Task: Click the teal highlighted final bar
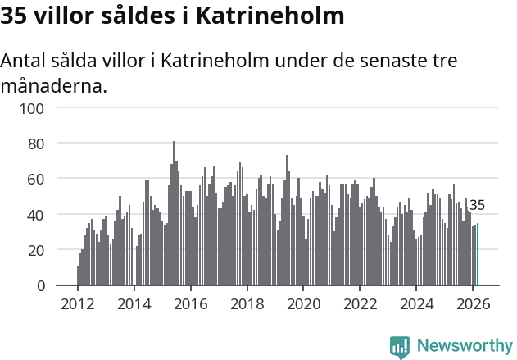[x=478, y=254]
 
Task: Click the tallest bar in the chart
[x=174, y=213]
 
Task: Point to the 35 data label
[x=477, y=205]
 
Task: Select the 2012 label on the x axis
[x=78, y=303]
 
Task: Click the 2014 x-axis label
[x=134, y=303]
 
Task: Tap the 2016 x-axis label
[x=191, y=303]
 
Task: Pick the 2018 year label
[x=247, y=303]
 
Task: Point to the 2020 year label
[x=304, y=303]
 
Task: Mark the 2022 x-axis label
[x=361, y=303]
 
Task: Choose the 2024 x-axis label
[x=417, y=303]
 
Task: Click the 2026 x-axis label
[x=474, y=303]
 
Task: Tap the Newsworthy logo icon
[x=400, y=346]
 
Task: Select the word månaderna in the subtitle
[x=54, y=85]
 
